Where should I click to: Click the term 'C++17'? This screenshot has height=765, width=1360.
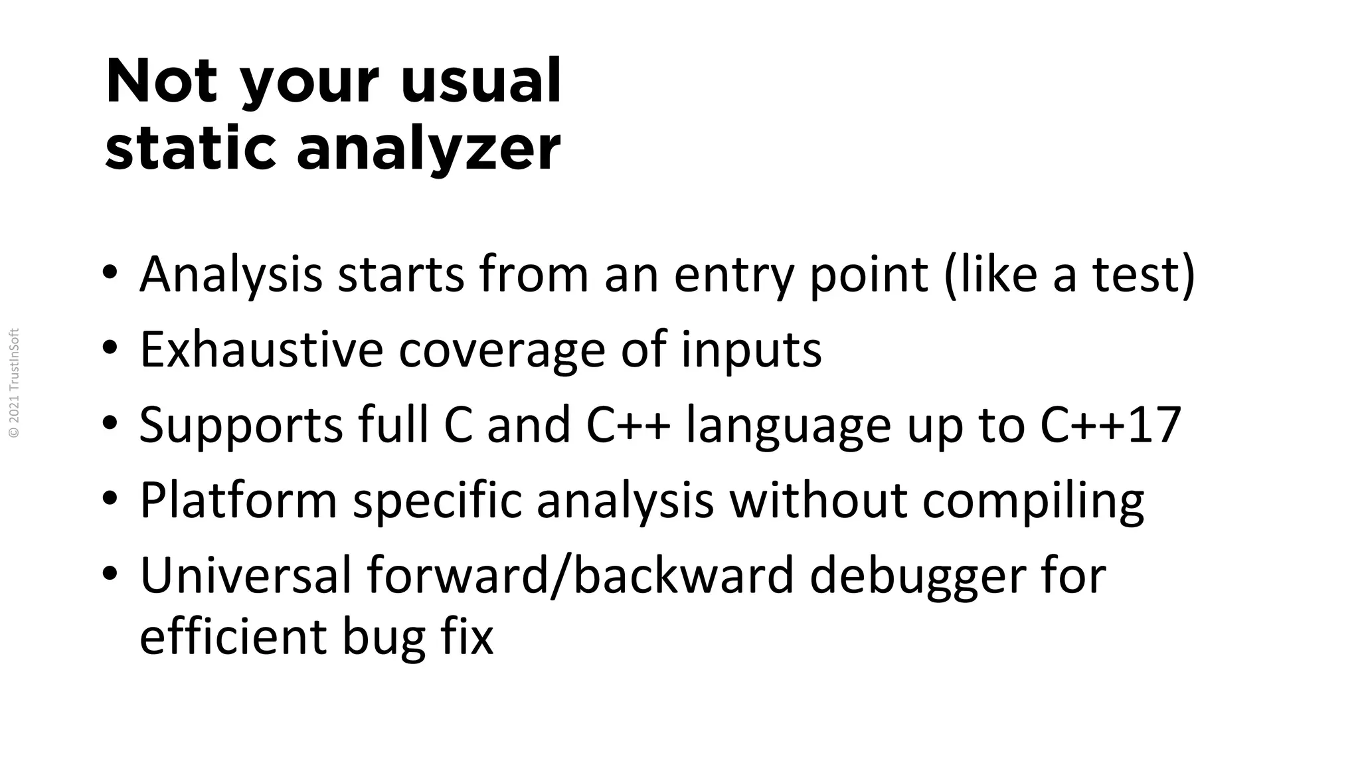(1110, 424)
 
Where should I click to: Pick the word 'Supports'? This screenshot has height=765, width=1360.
(241, 425)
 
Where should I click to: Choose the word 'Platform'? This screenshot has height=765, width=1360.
(238, 500)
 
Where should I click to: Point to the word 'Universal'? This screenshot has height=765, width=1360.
(246, 575)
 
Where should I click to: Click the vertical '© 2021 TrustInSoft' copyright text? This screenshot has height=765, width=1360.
(15, 383)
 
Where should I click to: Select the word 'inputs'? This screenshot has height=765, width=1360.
(751, 350)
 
